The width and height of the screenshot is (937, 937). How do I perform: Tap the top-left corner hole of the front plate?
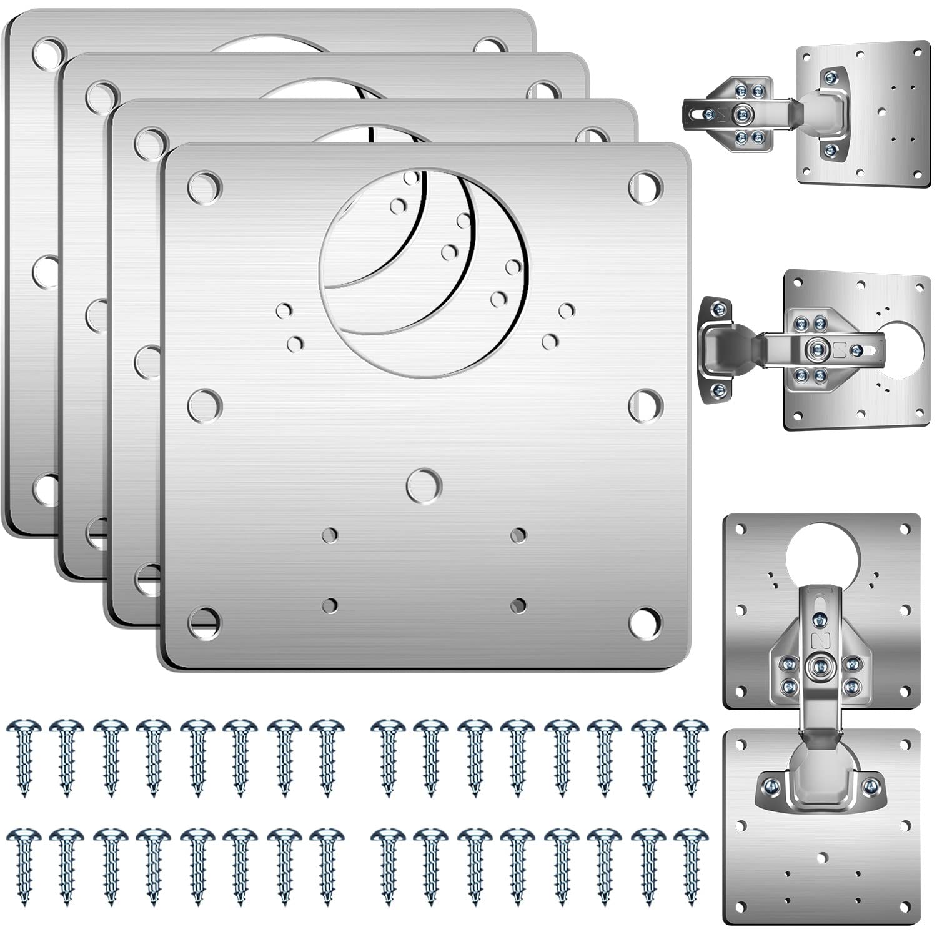pyautogui.click(x=205, y=186)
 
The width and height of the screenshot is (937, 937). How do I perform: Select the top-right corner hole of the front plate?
pyautogui.click(x=645, y=186)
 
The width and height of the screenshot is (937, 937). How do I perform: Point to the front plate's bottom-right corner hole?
pyautogui.click(x=645, y=622)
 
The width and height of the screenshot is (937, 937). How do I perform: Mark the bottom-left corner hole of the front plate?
pyautogui.click(x=204, y=622)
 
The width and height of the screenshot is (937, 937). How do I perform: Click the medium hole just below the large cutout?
pyautogui.click(x=424, y=485)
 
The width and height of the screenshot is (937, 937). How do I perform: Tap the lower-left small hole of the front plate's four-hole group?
pyautogui.click(x=330, y=605)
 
